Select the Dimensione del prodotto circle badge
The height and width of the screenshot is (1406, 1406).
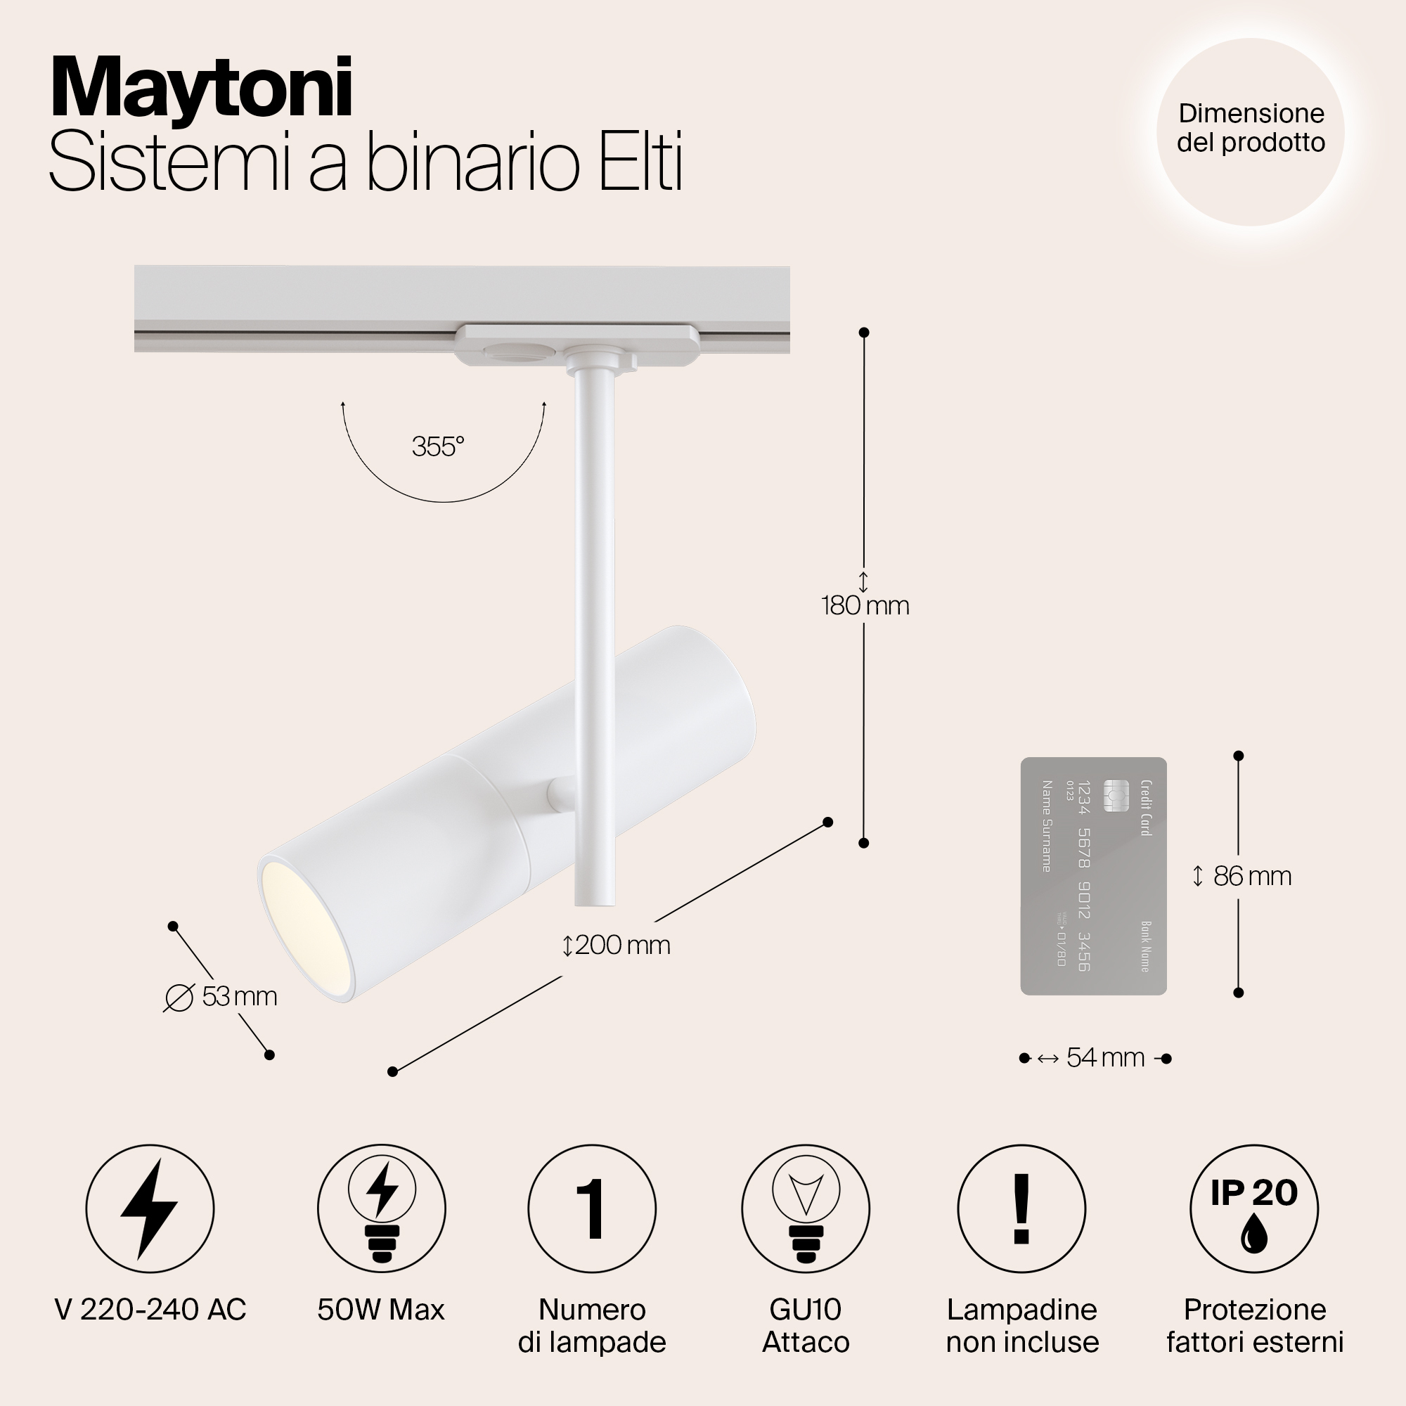tap(1250, 131)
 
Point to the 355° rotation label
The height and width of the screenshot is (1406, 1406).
tap(437, 447)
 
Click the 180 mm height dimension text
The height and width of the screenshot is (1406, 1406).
tap(865, 605)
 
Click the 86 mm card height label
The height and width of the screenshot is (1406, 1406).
tap(1252, 876)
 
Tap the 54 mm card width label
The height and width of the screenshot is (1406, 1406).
tap(1104, 1057)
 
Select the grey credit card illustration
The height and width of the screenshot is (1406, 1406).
tap(1093, 876)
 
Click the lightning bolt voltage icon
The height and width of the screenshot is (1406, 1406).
tap(150, 1208)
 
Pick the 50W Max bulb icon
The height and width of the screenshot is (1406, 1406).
tap(381, 1208)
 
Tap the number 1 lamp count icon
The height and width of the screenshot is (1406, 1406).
tap(592, 1208)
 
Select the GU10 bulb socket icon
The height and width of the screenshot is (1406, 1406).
tap(806, 1208)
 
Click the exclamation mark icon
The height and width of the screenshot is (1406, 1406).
tap(1021, 1208)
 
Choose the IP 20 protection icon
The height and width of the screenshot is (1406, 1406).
tap(1254, 1208)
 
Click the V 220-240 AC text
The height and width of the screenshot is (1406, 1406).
tap(150, 1310)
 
